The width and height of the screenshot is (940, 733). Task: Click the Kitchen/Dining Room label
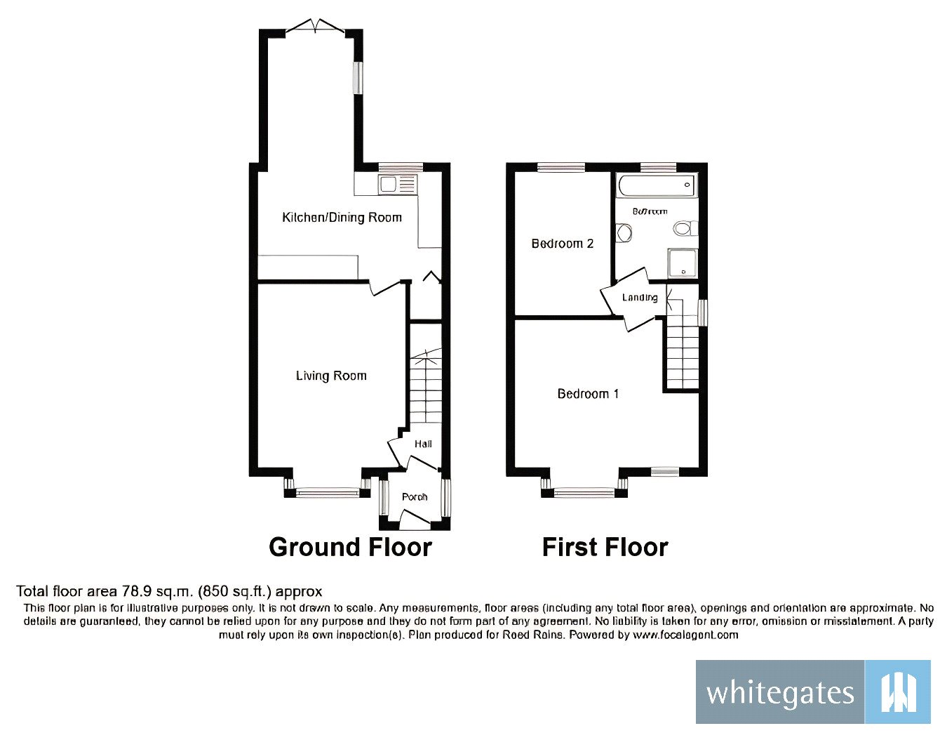[x=342, y=218]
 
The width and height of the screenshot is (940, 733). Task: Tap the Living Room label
[x=331, y=376]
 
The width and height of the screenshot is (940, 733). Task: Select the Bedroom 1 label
[x=588, y=394]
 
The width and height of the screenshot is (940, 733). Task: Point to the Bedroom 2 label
[x=563, y=244]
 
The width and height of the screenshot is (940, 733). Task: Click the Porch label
[x=415, y=497]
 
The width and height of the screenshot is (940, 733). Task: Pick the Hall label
[x=423, y=444]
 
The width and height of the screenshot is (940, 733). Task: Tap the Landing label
[x=640, y=298]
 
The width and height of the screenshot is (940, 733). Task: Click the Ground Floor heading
[x=350, y=547]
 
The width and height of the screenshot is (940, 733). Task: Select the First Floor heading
[x=605, y=547]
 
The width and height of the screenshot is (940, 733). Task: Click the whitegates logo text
[x=780, y=693]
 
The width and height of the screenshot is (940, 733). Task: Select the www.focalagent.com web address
[x=685, y=635]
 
